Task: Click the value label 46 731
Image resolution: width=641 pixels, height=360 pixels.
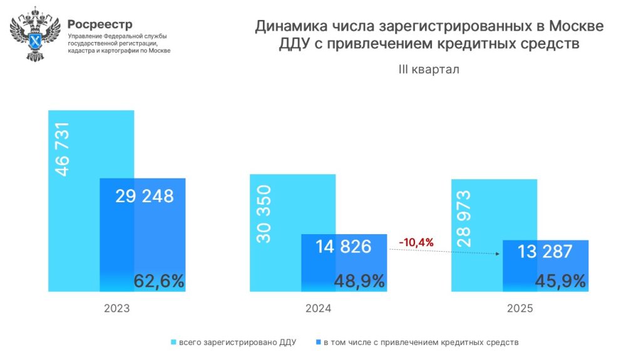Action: click(63, 149)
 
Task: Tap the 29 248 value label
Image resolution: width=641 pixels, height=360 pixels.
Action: click(145, 197)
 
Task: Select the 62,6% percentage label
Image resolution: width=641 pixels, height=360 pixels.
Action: click(159, 281)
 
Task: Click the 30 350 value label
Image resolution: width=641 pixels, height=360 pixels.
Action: click(264, 214)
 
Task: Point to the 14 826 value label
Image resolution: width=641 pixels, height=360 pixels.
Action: click(344, 247)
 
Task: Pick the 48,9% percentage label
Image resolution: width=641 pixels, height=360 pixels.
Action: click(359, 281)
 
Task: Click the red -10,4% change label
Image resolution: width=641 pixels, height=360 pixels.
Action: click(416, 242)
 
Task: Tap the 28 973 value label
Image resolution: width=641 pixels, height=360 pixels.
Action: click(464, 219)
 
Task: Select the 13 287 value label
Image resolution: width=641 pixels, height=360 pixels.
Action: click(545, 252)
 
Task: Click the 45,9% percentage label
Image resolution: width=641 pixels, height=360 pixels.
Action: click(560, 281)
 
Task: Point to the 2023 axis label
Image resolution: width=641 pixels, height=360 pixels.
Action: click(116, 309)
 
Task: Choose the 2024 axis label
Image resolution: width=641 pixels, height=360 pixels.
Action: click(318, 309)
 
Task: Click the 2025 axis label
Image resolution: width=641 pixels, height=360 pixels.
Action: click(520, 309)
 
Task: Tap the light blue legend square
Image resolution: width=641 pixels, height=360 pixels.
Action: click(173, 342)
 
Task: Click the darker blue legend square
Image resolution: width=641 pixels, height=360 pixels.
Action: click(319, 342)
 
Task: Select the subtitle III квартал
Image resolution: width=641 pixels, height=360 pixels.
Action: click(429, 69)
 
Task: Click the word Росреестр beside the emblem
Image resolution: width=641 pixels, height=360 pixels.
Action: click(100, 24)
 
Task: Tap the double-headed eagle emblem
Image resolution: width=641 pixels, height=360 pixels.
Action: click(35, 34)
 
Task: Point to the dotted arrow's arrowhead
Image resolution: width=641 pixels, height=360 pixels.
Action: click(498, 254)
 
